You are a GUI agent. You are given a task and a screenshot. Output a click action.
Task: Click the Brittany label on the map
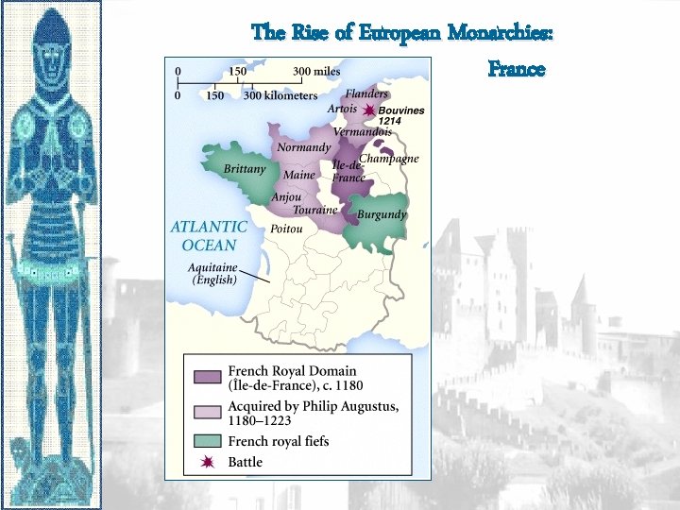[245, 169]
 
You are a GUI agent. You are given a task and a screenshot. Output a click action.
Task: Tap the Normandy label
[303, 147]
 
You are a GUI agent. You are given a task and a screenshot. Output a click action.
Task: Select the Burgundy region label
[382, 214]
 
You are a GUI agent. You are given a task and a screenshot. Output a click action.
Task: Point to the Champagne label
[388, 159]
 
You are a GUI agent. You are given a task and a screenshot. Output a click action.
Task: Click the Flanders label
[366, 93]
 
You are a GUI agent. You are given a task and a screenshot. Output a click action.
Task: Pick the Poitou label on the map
[286, 229]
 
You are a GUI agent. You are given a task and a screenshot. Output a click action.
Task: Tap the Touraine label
[314, 210]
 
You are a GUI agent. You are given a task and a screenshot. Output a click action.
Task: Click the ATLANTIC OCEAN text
[209, 235]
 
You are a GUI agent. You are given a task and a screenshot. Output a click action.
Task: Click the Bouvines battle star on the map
[368, 110]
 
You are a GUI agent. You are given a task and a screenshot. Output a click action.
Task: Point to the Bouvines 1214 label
[400, 115]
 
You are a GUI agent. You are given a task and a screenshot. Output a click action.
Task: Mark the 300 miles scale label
[316, 72]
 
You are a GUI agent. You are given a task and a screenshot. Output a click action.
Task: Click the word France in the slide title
[517, 69]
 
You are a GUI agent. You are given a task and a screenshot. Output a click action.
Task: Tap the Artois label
[343, 110]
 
